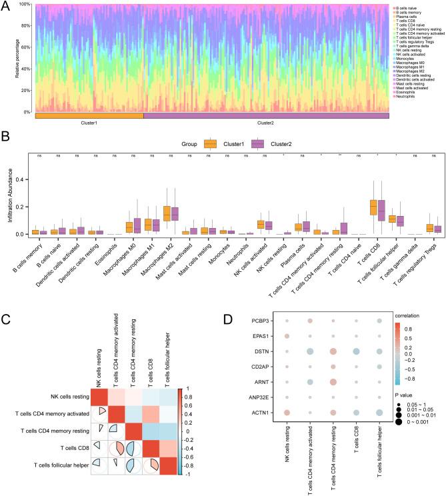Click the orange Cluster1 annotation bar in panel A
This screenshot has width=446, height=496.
click(89, 115)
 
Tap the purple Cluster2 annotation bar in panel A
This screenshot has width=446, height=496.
click(266, 115)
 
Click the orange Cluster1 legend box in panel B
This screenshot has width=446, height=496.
click(211, 143)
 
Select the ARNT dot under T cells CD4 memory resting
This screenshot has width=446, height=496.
click(331, 399)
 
